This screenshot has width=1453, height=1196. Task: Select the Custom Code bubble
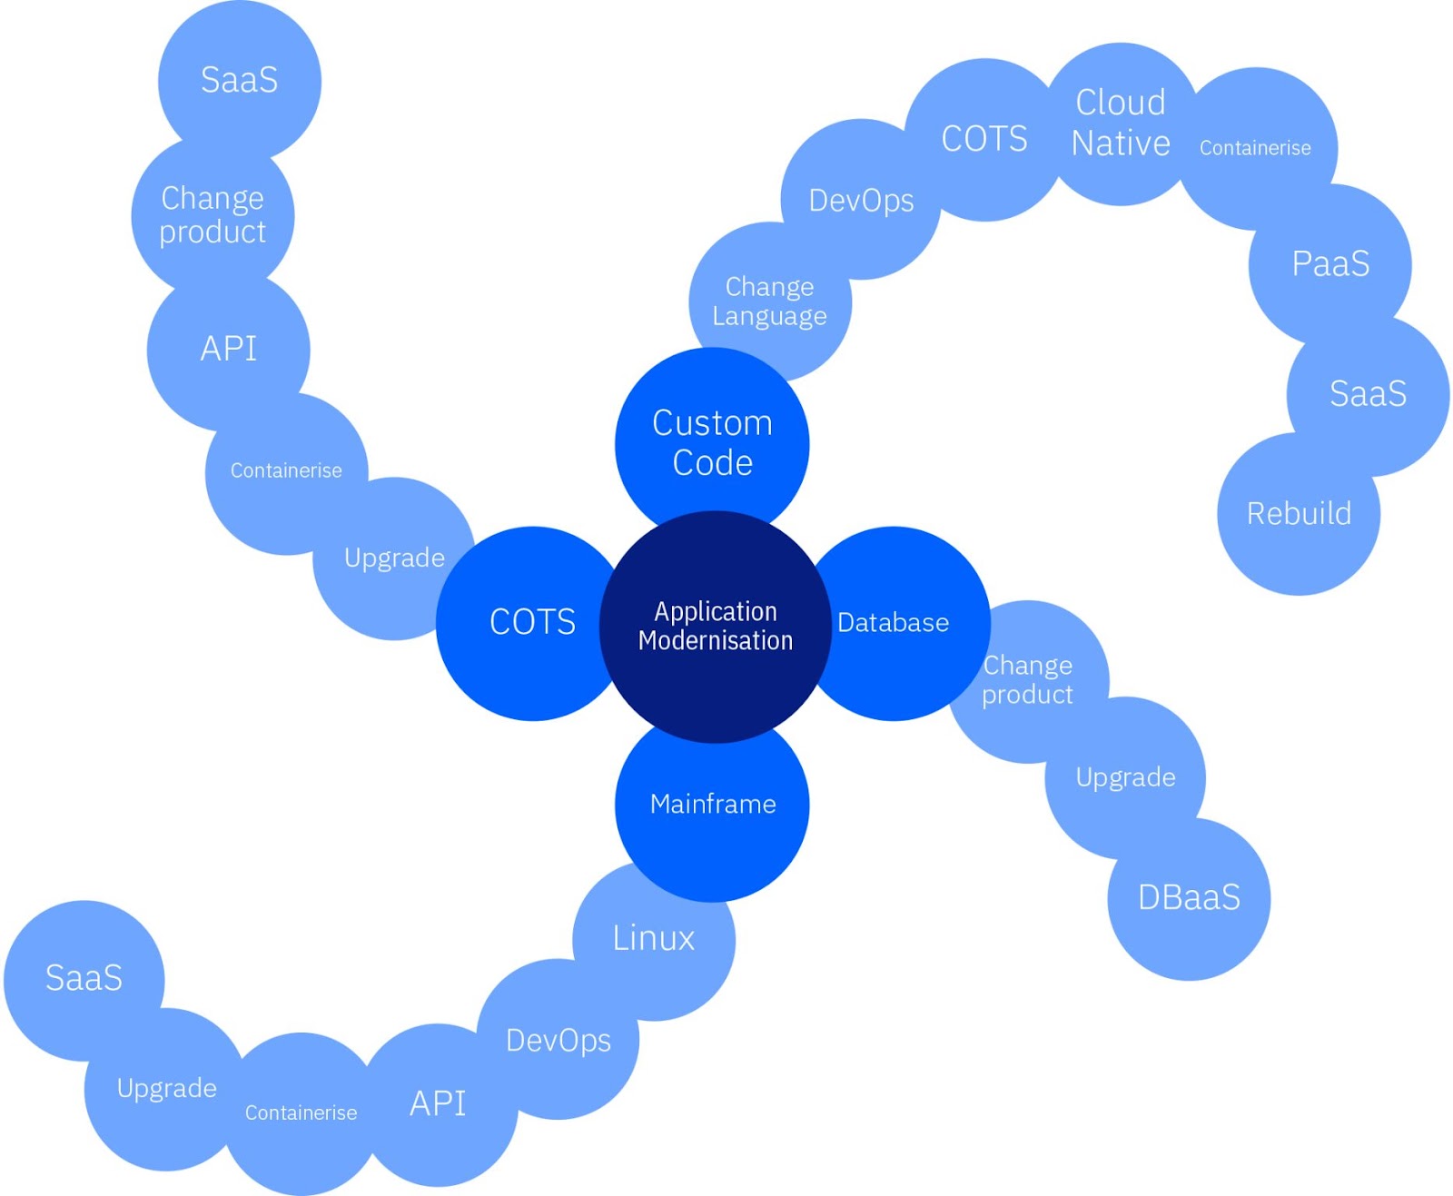point(712,442)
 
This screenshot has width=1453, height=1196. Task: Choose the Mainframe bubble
point(713,805)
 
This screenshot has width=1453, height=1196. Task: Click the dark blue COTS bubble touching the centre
point(531,623)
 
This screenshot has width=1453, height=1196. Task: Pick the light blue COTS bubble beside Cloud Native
point(984,139)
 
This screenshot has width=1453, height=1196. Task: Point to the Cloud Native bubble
point(1121,124)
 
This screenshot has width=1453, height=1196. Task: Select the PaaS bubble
point(1330,264)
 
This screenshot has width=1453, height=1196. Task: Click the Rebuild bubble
point(1299,514)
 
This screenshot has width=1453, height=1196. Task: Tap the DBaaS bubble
point(1189,898)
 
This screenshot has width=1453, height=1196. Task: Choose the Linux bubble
point(654,939)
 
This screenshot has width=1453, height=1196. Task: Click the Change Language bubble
point(770,301)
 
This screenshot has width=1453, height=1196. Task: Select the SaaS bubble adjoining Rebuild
point(1368,394)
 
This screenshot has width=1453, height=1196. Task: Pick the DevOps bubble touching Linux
point(558,1041)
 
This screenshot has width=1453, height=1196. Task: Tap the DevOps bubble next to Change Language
point(861,201)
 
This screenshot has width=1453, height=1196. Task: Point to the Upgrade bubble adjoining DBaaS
point(1125,777)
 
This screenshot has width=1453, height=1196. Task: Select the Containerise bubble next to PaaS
point(1256,148)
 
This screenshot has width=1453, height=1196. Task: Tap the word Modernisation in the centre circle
point(716,641)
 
